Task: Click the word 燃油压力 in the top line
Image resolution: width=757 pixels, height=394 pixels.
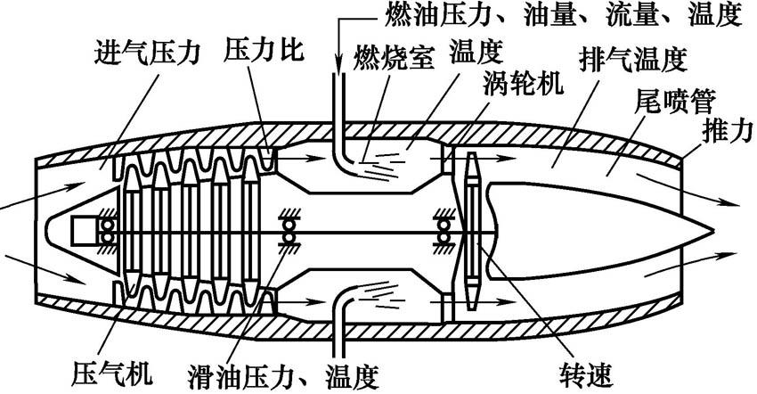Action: coord(422,15)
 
